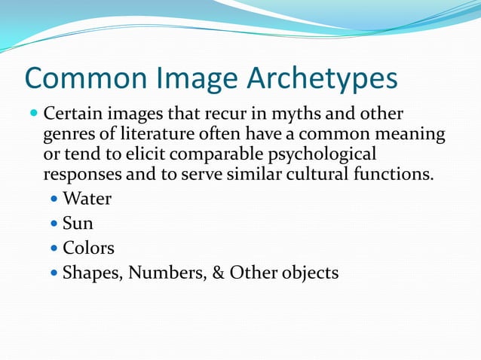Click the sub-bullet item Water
[87, 200]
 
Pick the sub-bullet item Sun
[78, 224]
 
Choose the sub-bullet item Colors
[88, 248]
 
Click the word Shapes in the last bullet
[92, 273]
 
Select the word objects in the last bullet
[308, 272]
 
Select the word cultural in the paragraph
[327, 175]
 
